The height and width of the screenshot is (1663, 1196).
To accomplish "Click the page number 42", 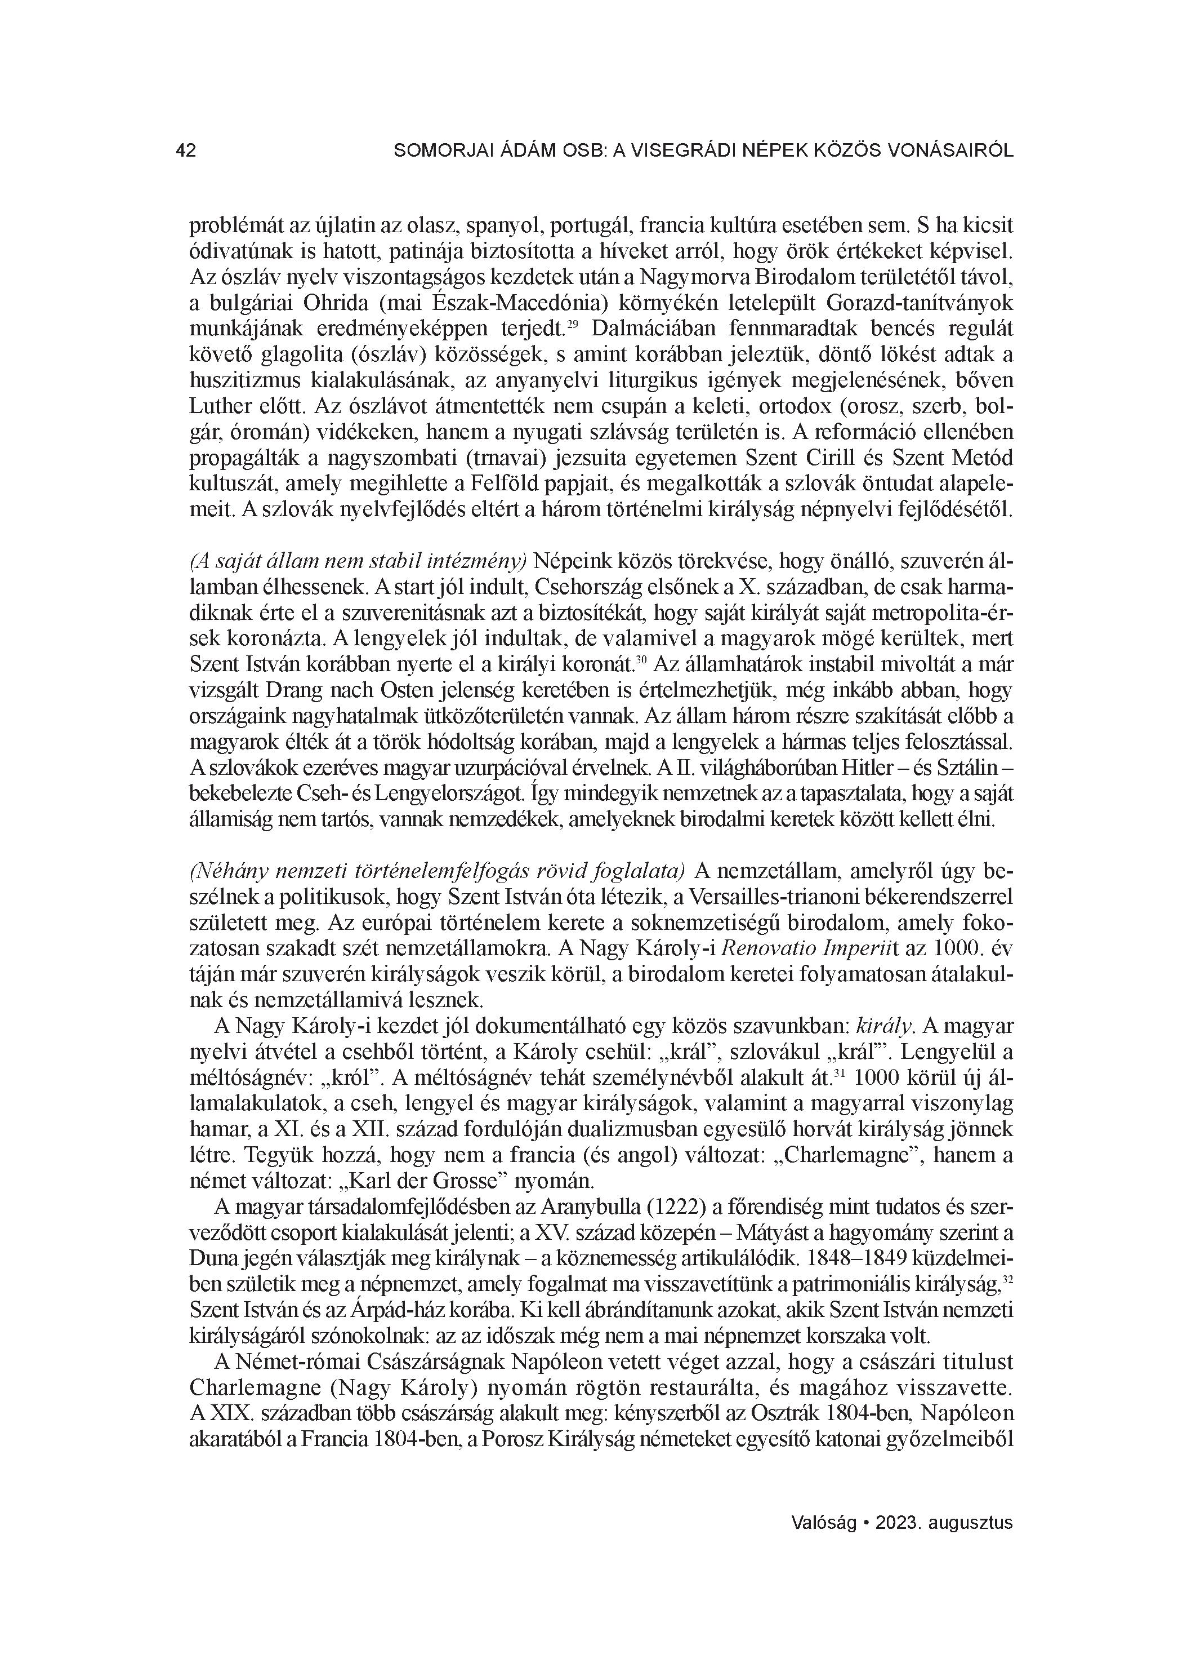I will click(x=186, y=151).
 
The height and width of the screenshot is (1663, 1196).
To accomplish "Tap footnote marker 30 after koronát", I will click(x=641, y=660).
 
